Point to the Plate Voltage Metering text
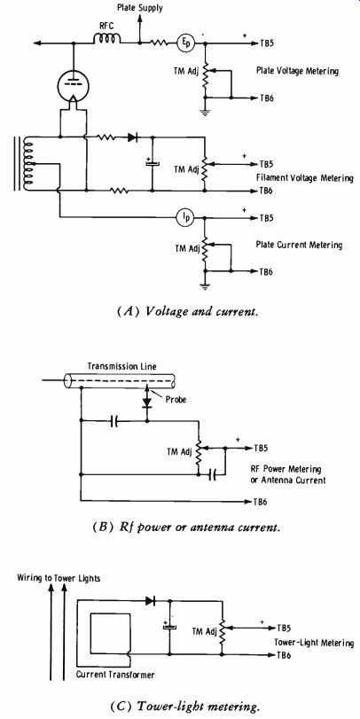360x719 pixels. (298, 71)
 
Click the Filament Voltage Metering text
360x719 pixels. (304, 178)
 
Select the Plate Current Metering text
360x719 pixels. (299, 245)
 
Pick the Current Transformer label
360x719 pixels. (115, 675)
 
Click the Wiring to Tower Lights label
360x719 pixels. (59, 578)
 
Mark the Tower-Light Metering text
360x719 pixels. (314, 644)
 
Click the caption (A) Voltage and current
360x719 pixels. (180, 313)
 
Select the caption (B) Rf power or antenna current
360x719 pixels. (180, 528)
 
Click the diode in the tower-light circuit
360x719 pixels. (150, 600)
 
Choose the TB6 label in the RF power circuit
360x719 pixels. (261, 502)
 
